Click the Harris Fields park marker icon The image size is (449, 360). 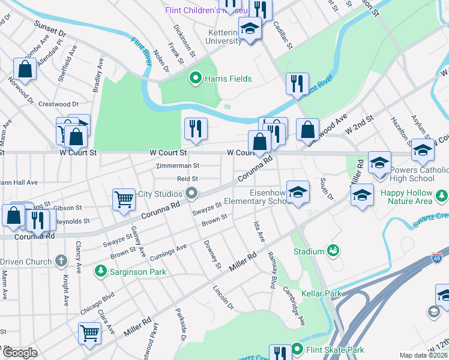195,78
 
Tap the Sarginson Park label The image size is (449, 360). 137,272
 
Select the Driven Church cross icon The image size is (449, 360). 60,261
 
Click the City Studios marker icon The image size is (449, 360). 191,193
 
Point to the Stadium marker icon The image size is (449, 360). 333,250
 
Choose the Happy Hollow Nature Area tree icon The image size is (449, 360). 442,195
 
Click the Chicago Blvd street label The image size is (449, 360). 96,304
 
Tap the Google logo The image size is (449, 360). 20,353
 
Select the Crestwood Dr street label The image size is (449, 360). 58,104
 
